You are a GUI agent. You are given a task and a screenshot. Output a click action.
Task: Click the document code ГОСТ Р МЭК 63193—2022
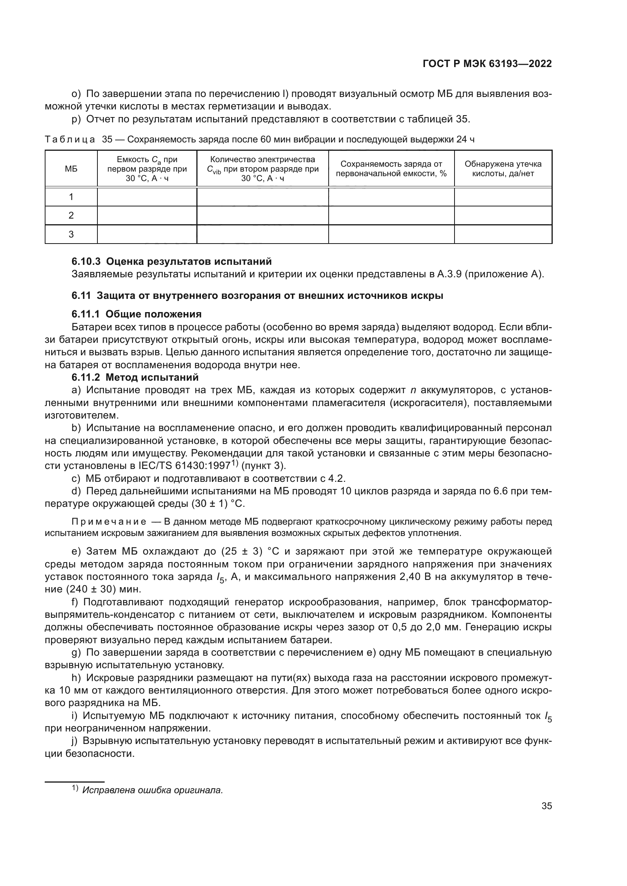click(487, 64)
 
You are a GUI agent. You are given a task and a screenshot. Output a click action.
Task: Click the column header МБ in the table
click(71, 169)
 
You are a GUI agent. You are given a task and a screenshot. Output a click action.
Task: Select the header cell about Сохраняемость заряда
click(391, 169)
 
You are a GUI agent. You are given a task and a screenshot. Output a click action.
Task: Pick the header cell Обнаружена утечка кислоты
click(503, 169)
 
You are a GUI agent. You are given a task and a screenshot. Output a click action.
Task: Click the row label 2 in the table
click(71, 215)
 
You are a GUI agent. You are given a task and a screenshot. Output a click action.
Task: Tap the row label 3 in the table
click(71, 234)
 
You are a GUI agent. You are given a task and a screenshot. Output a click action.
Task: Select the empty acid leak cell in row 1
click(503, 197)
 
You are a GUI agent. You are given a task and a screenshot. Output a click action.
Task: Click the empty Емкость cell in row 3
click(147, 234)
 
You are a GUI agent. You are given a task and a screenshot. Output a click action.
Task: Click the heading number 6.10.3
click(86, 261)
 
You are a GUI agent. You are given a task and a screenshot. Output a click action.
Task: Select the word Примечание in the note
click(109, 522)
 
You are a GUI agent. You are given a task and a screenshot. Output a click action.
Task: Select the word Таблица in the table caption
click(70, 139)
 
